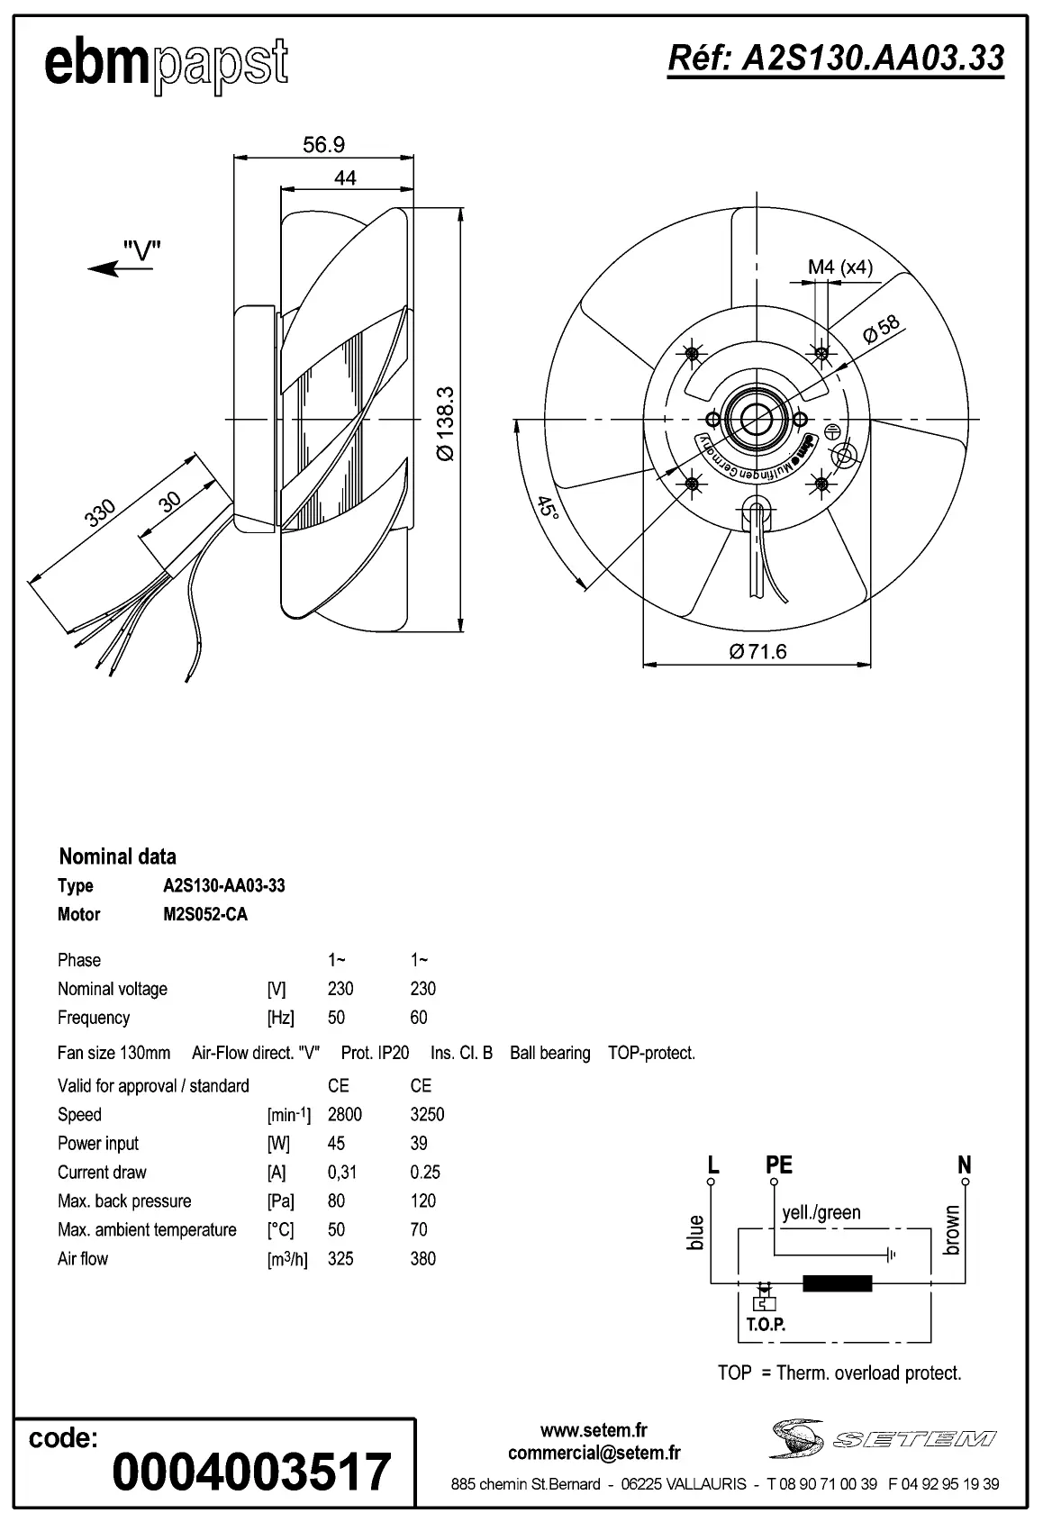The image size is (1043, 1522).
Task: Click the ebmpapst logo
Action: (x=166, y=65)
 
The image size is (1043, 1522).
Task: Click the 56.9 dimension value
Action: (x=323, y=144)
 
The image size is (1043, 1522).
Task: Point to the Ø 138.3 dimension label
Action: (x=446, y=423)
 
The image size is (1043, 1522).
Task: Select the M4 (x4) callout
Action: (x=839, y=267)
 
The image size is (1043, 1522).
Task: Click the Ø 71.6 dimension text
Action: (x=757, y=651)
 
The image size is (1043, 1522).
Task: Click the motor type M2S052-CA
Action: (x=204, y=914)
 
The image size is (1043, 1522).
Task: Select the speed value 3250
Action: (x=427, y=1114)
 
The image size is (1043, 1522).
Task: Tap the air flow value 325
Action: (x=340, y=1258)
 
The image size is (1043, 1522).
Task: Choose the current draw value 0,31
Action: (x=342, y=1172)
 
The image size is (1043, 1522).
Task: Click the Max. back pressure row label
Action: (x=124, y=1200)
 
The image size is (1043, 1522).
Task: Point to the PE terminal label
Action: (x=778, y=1164)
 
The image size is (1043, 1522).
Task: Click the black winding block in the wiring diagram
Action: (x=837, y=1283)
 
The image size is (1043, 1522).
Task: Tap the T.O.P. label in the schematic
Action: (x=766, y=1325)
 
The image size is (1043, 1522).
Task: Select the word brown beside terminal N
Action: (x=952, y=1231)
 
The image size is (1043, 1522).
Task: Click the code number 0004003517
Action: (x=251, y=1472)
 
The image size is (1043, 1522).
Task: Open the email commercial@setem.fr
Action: (x=594, y=1452)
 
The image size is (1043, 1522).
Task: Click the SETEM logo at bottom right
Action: (x=883, y=1438)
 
